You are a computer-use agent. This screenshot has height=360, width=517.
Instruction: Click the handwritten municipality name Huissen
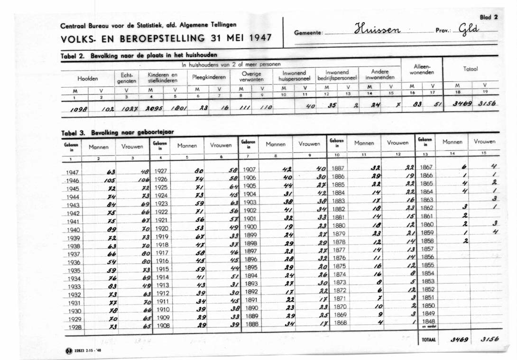[378, 30]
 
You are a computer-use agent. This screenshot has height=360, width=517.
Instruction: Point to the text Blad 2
[489, 17]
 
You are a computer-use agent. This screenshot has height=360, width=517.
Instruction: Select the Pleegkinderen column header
[209, 77]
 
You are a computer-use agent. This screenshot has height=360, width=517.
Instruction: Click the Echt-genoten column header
[127, 78]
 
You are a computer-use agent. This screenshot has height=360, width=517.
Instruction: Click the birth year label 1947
[73, 173]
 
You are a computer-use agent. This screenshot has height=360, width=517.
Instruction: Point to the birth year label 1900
[249, 227]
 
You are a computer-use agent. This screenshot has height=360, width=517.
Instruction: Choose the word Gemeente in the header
[308, 33]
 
